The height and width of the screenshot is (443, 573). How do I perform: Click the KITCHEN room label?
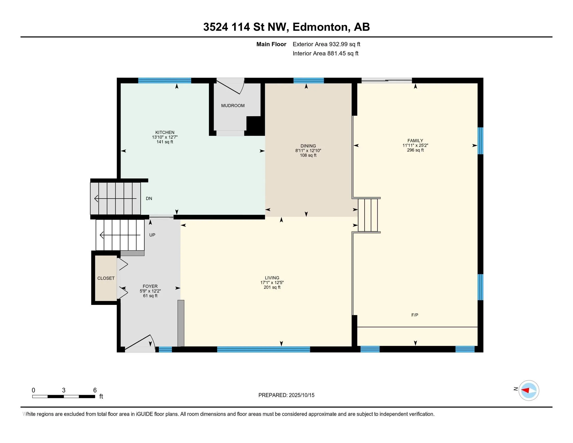coord(165,132)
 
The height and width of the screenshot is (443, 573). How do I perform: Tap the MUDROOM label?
coord(233,106)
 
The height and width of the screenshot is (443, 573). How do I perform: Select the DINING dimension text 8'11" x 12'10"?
coord(308,151)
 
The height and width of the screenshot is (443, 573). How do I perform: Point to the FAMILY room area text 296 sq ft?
coord(415,150)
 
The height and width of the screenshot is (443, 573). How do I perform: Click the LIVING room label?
coord(272,278)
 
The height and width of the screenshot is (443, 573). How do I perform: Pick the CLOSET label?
coord(106,278)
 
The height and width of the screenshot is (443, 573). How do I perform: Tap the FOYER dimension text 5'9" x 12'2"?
coord(150,291)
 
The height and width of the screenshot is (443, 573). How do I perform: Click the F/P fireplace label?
coord(415,315)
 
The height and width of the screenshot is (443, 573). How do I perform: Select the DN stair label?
coord(149,198)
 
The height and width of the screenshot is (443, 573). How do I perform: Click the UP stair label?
coord(152,235)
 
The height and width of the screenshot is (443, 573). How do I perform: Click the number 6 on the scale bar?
coord(95,390)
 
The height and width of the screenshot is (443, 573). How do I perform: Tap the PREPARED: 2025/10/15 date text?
coord(286,395)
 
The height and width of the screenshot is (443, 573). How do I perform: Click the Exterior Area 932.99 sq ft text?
coord(326,44)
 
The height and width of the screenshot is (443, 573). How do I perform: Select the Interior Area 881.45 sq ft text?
coord(325,53)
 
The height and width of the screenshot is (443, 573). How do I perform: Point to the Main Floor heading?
coord(271,44)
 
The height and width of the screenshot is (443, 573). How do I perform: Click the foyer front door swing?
coord(140,343)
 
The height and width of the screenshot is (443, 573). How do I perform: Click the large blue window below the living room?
coord(263,349)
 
